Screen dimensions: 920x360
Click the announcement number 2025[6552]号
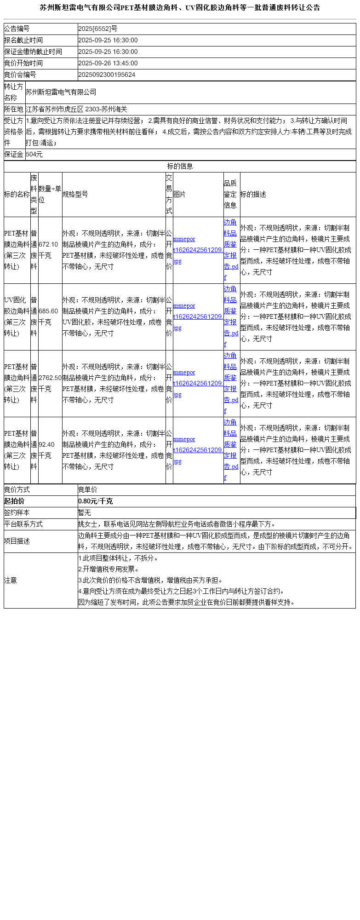click(x=98, y=29)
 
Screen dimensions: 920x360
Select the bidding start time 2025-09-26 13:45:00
click(x=108, y=63)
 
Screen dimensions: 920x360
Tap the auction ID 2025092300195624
click(x=107, y=75)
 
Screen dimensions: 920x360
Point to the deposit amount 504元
click(x=34, y=155)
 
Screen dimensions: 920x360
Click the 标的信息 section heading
click(x=180, y=167)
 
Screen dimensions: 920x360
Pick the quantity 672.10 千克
click(x=49, y=250)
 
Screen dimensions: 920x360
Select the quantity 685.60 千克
click(x=49, y=317)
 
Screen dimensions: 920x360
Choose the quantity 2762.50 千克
click(x=50, y=384)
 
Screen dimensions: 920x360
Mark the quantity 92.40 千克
click(x=46, y=450)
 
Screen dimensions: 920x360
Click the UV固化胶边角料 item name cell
click(x=17, y=317)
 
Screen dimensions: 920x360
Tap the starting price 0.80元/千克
click(x=95, y=501)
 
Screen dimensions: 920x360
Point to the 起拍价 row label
click(x=14, y=501)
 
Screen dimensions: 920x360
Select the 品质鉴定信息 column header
click(x=230, y=195)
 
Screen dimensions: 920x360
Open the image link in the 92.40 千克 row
click(x=198, y=450)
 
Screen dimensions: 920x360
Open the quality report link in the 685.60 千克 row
click(x=231, y=317)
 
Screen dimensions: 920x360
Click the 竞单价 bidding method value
click(x=88, y=490)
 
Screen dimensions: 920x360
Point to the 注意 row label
click(x=11, y=581)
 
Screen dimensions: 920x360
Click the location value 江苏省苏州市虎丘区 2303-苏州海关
click(x=76, y=109)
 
